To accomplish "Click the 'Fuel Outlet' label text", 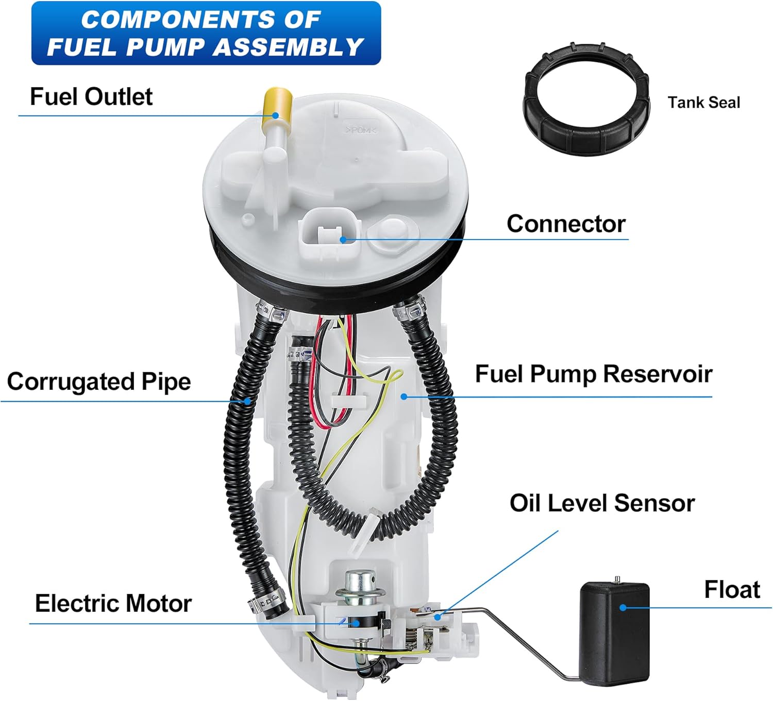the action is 91,97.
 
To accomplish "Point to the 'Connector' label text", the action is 566,224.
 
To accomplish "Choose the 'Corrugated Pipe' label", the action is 99,382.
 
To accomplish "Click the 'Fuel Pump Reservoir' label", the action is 593,374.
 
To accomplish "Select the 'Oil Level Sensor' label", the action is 602,503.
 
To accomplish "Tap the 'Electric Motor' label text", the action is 113,603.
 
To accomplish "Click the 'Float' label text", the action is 732,590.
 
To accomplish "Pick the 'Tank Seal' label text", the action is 703,102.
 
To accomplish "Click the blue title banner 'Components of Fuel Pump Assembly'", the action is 206,33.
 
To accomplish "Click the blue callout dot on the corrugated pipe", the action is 248,400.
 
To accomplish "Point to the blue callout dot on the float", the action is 623,608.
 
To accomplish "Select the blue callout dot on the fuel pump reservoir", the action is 404,396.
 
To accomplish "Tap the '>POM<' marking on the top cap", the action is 361,130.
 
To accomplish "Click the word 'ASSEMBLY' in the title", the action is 289,47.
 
